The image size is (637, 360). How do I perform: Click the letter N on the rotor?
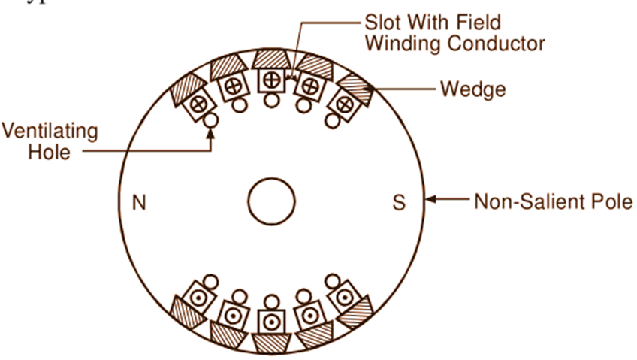(x=138, y=203)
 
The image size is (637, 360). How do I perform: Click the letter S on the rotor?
(x=399, y=203)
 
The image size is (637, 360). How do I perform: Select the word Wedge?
(x=472, y=89)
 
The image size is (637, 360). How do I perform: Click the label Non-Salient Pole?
(x=553, y=202)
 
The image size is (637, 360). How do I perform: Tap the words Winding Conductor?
(x=455, y=44)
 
